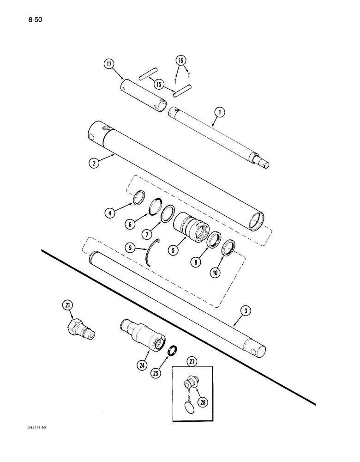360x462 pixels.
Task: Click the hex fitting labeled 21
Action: [x=81, y=329]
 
